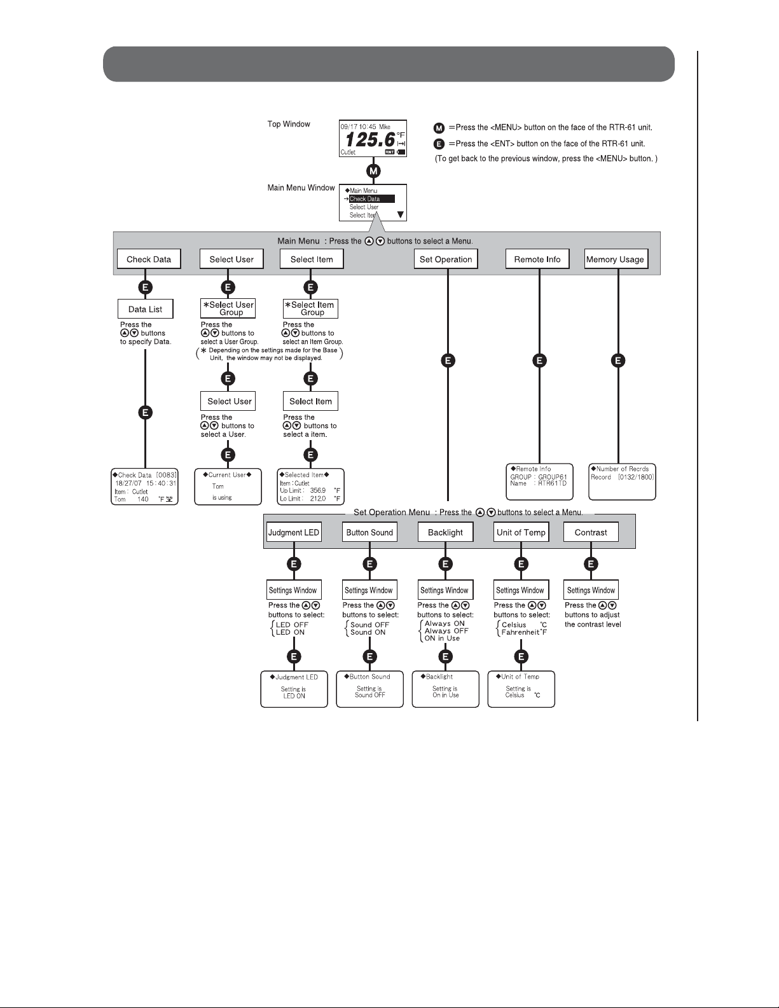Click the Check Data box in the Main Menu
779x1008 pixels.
pyautogui.click(x=149, y=259)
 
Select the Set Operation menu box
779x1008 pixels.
pyautogui.click(x=446, y=259)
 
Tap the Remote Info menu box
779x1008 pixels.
pyautogui.click(x=537, y=259)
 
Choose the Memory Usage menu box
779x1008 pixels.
pyautogui.click(x=615, y=259)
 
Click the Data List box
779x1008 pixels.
pyautogui.click(x=145, y=309)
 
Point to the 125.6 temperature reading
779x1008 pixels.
pyautogui.click(x=369, y=139)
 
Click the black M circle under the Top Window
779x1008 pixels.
pyautogui.click(x=373, y=170)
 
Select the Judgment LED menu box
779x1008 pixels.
pyautogui.click(x=294, y=532)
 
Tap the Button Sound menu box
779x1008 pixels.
pyautogui.click(x=369, y=532)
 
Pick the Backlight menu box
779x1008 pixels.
pyautogui.click(x=445, y=532)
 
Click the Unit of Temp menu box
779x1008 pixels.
pyautogui.click(x=521, y=532)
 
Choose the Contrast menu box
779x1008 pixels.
pyautogui.click(x=591, y=532)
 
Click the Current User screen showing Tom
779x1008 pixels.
pyautogui.click(x=228, y=487)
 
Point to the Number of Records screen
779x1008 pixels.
pyautogui.click(x=622, y=481)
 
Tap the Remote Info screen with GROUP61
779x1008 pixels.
pyautogui.click(x=539, y=481)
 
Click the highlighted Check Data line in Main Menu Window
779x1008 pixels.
pyautogui.click(x=371, y=199)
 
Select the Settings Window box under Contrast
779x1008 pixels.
pyautogui.click(x=591, y=590)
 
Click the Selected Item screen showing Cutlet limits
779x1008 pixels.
pyautogui.click(x=310, y=487)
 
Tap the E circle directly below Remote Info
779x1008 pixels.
pyautogui.click(x=539, y=361)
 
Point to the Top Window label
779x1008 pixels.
pyautogui.click(x=289, y=124)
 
